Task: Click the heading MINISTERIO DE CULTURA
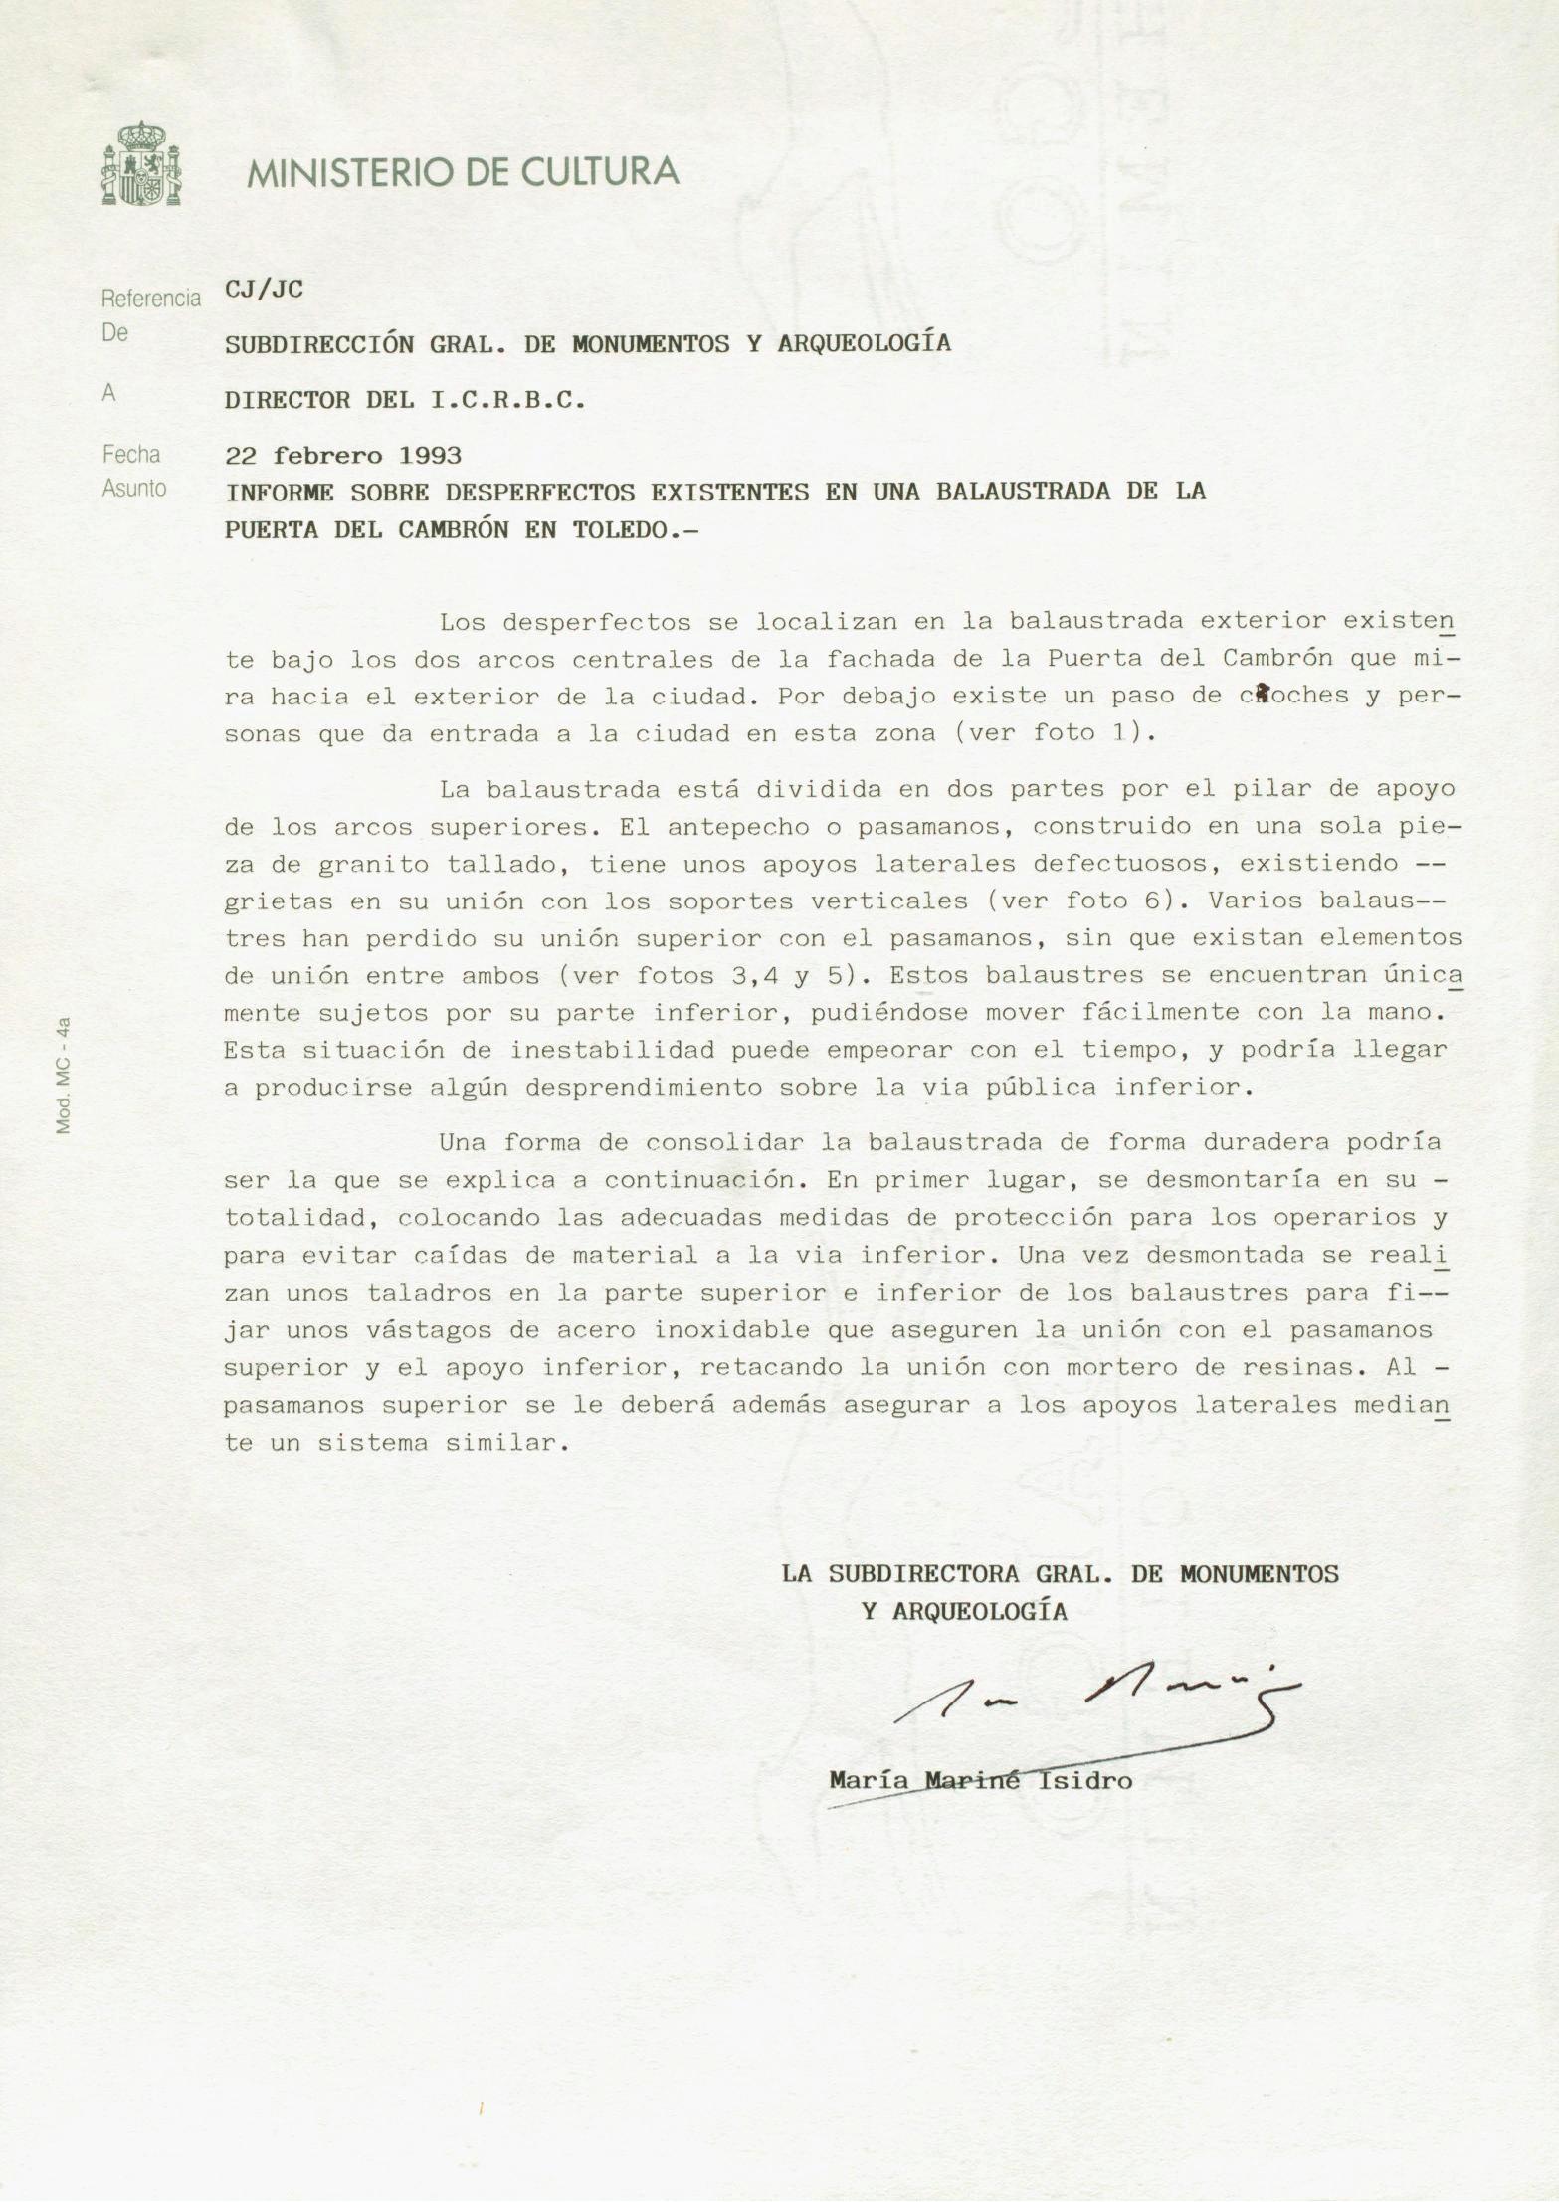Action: coord(463,172)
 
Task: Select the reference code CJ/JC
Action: coord(264,290)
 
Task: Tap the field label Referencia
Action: coord(151,299)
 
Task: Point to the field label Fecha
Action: coord(131,455)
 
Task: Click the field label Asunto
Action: coord(134,489)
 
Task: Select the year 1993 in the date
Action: coord(430,456)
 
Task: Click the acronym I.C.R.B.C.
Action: coord(507,401)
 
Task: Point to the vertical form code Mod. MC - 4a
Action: coord(63,1075)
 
